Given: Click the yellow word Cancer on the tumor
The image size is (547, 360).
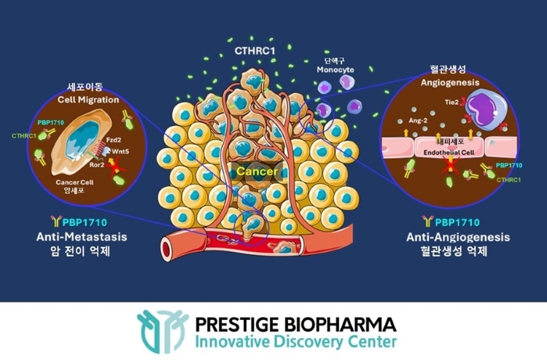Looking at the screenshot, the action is click(257, 171).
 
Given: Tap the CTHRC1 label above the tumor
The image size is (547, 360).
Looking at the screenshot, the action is click(255, 51).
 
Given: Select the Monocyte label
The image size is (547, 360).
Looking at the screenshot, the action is click(335, 70).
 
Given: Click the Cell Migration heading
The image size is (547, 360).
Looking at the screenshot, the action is click(88, 100).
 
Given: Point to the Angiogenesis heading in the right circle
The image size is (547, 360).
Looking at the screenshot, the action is click(450, 82).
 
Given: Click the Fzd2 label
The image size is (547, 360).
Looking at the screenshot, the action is click(114, 140).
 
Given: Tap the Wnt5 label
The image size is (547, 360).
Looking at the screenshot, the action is click(120, 152).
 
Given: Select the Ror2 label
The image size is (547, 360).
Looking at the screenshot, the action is click(96, 165).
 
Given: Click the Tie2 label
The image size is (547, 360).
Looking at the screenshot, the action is click(451, 102).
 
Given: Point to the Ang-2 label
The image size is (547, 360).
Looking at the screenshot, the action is click(418, 120).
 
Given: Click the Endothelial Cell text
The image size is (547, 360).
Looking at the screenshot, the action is click(449, 152).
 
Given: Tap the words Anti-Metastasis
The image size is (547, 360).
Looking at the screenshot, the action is click(82, 237).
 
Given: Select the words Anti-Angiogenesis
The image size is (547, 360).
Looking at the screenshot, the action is click(458, 238).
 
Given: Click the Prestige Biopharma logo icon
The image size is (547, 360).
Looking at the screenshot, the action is click(163, 331).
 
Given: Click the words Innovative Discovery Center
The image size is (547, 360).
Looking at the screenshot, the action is click(295, 342).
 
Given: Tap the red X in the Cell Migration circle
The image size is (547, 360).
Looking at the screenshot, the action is click(117, 168).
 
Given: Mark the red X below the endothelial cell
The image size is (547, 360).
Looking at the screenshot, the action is click(451, 165).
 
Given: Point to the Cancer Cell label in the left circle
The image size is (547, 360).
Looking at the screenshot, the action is click(74, 182).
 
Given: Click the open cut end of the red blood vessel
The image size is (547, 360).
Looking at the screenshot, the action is click(167, 249).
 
